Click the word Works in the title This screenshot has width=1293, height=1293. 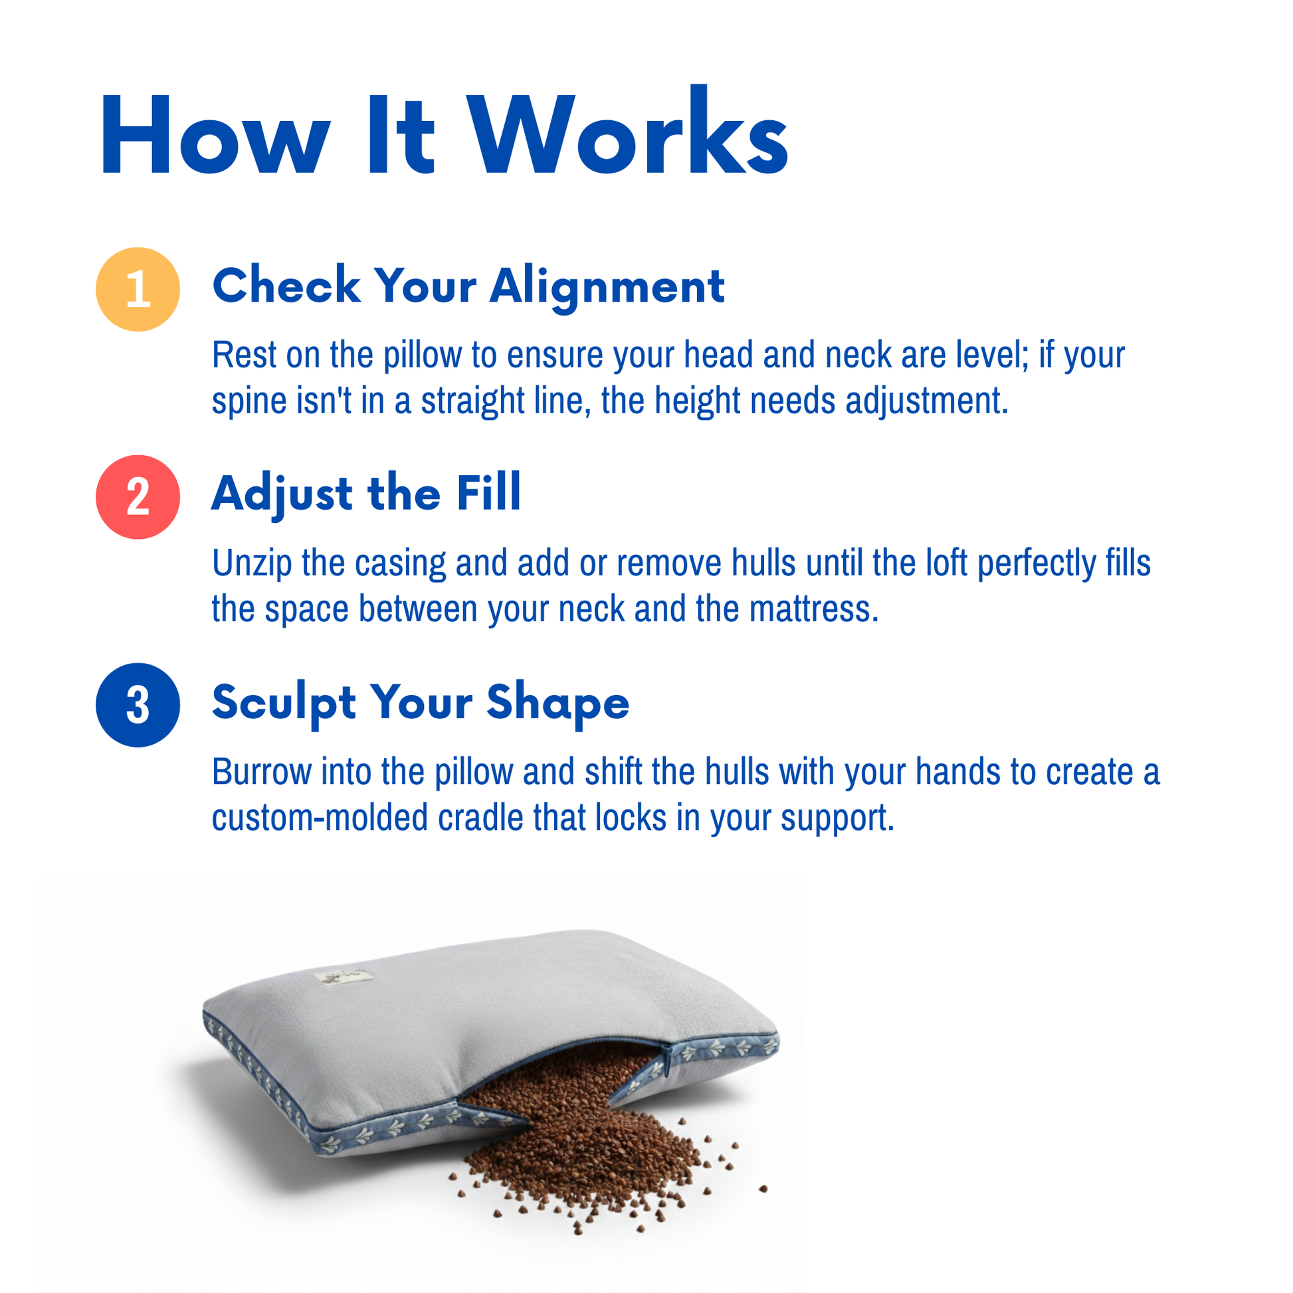pyautogui.click(x=629, y=131)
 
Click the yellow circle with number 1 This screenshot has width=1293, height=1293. pyautogui.click(x=138, y=289)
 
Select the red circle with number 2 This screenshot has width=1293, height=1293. pyautogui.click(x=138, y=497)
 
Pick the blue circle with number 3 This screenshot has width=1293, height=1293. pyautogui.click(x=138, y=706)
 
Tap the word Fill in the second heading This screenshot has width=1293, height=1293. pyautogui.click(x=488, y=492)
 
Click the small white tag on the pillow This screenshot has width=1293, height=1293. pyautogui.click(x=342, y=978)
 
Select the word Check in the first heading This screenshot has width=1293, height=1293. pyautogui.click(x=286, y=286)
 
